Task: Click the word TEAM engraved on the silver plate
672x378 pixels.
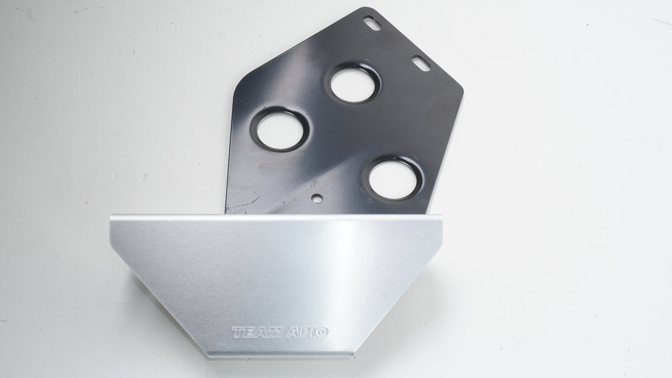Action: (x=257, y=332)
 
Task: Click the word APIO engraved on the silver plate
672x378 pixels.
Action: (x=306, y=332)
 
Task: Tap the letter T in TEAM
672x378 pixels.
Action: (x=239, y=332)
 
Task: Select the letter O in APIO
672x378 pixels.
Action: (x=322, y=332)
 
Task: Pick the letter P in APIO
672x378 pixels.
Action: (x=303, y=332)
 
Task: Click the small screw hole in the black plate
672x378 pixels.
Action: (x=317, y=198)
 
